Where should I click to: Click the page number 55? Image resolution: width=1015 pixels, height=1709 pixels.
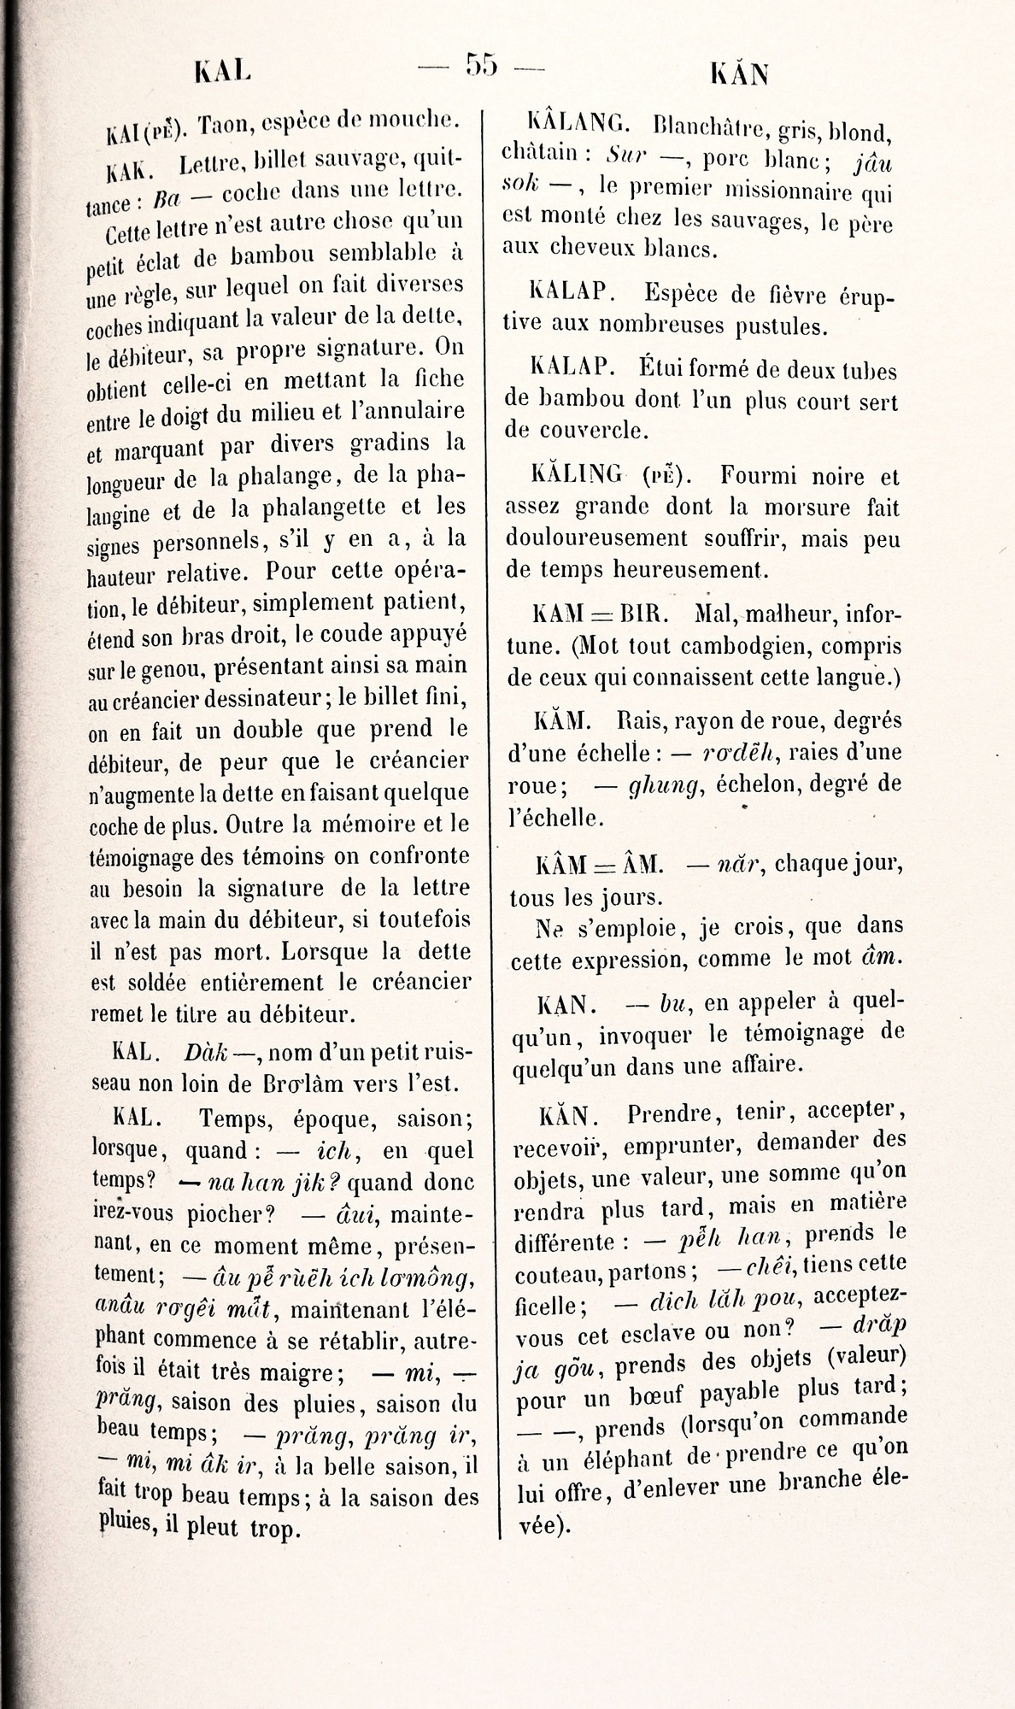pyautogui.click(x=481, y=65)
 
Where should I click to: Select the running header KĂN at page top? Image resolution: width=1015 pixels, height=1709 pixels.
pyautogui.click(x=739, y=75)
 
